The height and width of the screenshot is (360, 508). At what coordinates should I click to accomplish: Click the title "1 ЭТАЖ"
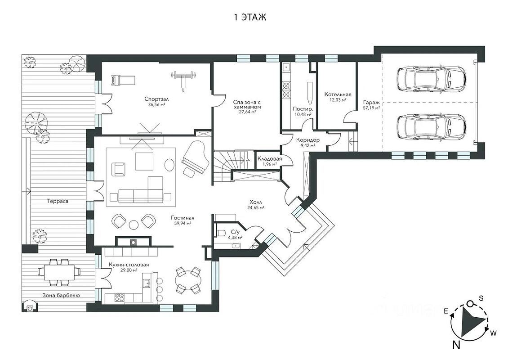pyautogui.click(x=250, y=17)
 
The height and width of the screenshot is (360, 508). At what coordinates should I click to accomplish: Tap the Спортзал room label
pyautogui.click(x=157, y=99)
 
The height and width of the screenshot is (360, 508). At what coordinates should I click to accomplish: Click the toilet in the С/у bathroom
pyautogui.click(x=221, y=233)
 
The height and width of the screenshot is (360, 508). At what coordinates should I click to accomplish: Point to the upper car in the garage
pyautogui.click(x=431, y=79)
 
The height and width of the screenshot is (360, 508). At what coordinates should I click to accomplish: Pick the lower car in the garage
pyautogui.click(x=431, y=126)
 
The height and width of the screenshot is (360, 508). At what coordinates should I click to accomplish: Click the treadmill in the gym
pyautogui.click(x=123, y=80)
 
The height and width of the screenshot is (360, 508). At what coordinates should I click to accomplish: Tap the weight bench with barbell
pyautogui.click(x=184, y=79)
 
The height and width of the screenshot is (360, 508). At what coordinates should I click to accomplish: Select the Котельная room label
pyautogui.click(x=338, y=94)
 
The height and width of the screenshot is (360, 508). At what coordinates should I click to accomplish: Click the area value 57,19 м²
pyautogui.click(x=372, y=108)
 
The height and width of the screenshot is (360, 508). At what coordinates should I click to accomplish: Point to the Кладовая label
pyautogui.click(x=270, y=158)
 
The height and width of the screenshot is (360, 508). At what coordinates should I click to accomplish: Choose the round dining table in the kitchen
pyautogui.click(x=188, y=280)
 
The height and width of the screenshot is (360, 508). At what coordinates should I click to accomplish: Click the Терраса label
pyautogui.click(x=58, y=201)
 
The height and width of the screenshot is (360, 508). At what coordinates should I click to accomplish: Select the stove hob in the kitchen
pyautogui.click(x=119, y=297)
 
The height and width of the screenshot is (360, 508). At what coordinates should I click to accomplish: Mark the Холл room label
pyautogui.click(x=256, y=202)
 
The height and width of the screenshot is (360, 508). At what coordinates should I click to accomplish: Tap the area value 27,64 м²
pyautogui.click(x=248, y=112)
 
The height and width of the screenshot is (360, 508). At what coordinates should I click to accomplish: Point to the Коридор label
pyautogui.click(x=308, y=140)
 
